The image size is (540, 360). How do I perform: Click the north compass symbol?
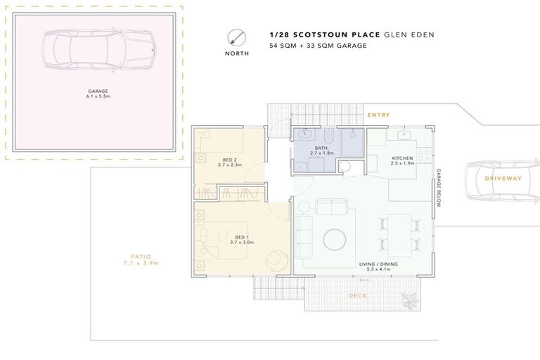(236, 37)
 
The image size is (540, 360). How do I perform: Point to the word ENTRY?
(379, 115)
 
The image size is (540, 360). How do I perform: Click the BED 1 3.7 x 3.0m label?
(242, 240)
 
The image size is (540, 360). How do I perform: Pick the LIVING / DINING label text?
(378, 266)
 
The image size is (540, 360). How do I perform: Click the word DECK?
(358, 295)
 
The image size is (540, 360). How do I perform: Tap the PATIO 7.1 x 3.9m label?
(140, 260)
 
